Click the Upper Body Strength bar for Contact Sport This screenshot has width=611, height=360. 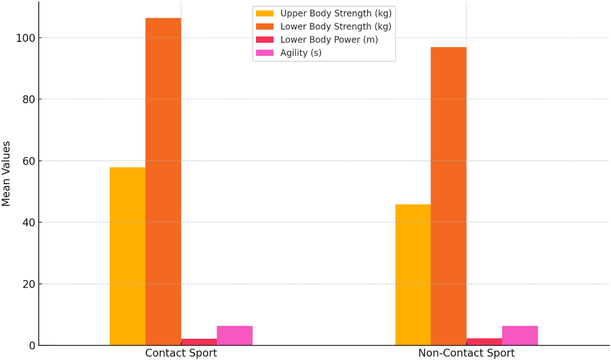pyautogui.click(x=127, y=256)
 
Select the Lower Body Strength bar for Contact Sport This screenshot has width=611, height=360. pyautogui.click(x=163, y=181)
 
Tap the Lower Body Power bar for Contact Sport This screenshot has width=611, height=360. pyautogui.click(x=199, y=342)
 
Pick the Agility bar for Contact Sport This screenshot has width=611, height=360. pyautogui.click(x=235, y=336)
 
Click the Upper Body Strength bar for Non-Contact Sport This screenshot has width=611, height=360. pyautogui.click(x=413, y=275)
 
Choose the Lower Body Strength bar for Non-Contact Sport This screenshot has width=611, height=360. pyautogui.click(x=449, y=196)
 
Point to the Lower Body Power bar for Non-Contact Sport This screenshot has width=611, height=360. pyautogui.click(x=484, y=342)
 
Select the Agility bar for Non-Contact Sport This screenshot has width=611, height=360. pyautogui.click(x=520, y=336)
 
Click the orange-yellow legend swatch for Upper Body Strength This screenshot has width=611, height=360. pyautogui.click(x=265, y=14)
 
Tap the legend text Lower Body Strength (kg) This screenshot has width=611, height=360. pyautogui.click(x=336, y=26)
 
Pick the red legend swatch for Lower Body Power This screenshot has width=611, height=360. pyautogui.click(x=265, y=40)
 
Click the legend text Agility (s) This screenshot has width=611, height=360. pyautogui.click(x=301, y=53)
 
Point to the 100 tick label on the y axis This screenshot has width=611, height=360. pyautogui.click(x=26, y=38)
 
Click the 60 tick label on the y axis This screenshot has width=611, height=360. pyautogui.click(x=29, y=161)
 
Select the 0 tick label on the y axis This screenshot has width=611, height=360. pyautogui.click(x=32, y=346)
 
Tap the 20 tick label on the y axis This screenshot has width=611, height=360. pyautogui.click(x=29, y=284)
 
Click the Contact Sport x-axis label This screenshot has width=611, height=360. pyautogui.click(x=181, y=353)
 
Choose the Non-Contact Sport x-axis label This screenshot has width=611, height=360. pyautogui.click(x=466, y=353)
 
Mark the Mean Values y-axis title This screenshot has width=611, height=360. pyautogui.click(x=6, y=174)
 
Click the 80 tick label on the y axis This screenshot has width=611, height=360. pyautogui.click(x=29, y=100)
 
